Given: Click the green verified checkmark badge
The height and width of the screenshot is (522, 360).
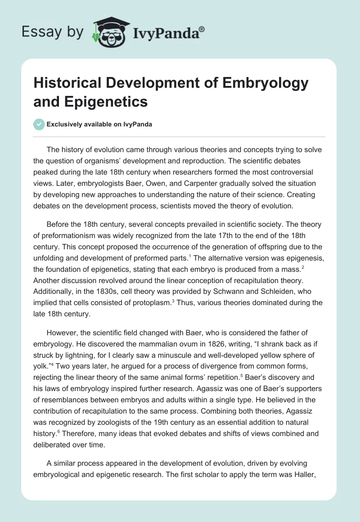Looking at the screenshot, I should coord(40,124).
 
